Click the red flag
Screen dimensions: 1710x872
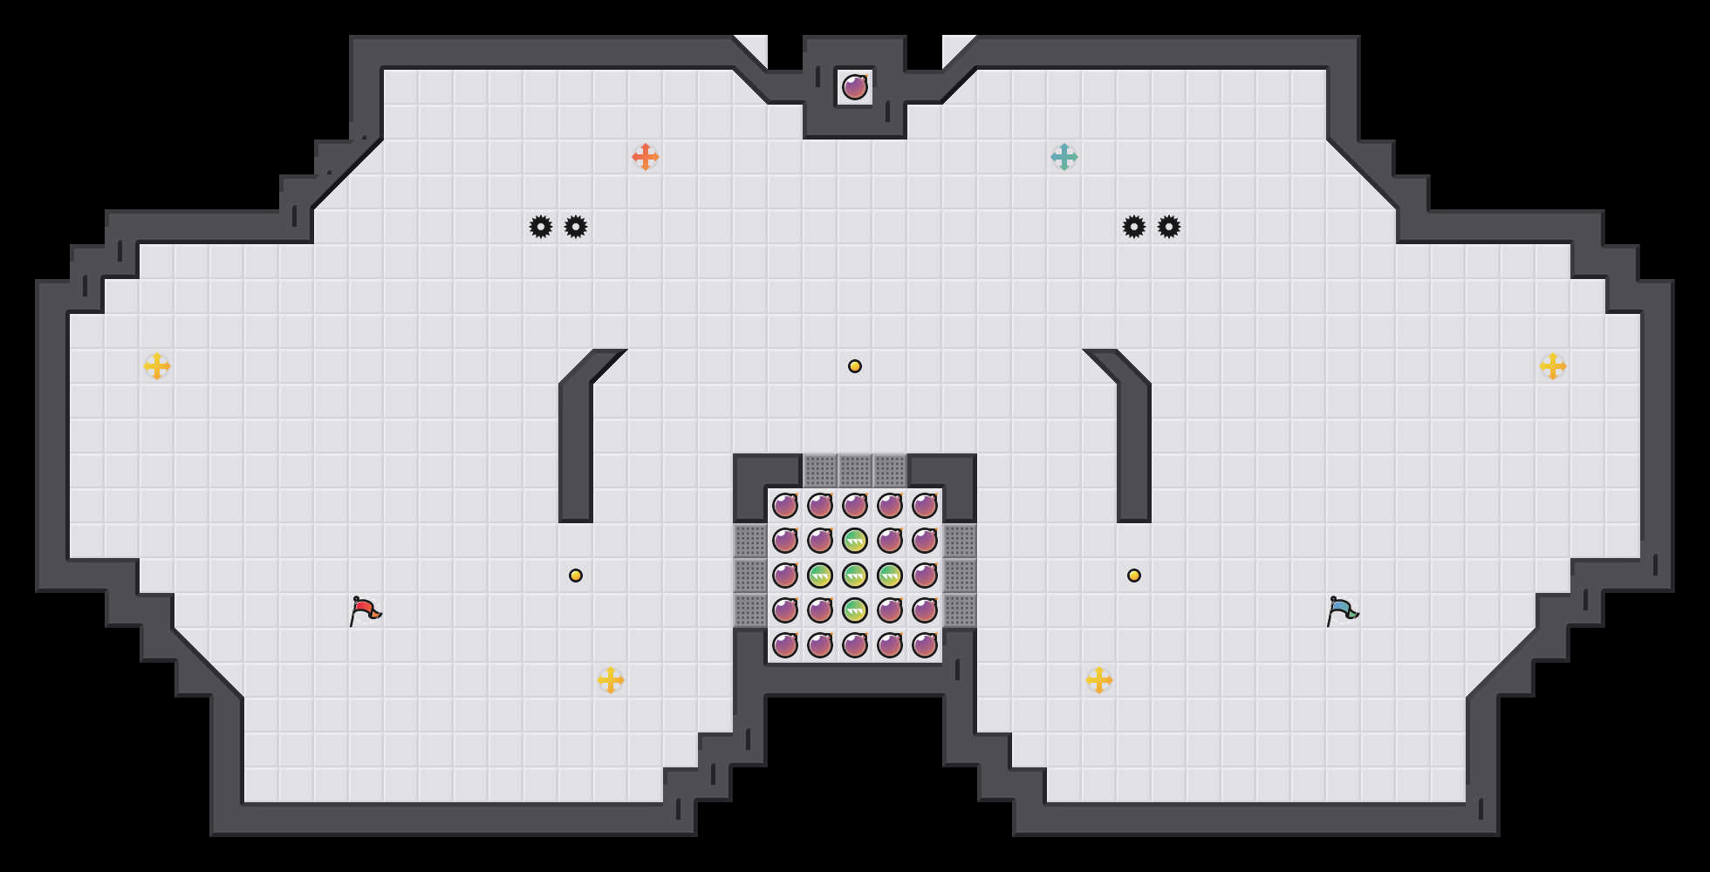pos(365,610)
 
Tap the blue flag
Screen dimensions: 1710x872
pos(1342,610)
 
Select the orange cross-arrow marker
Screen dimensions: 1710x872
pos(646,157)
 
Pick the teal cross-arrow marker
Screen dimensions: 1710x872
pos(1064,157)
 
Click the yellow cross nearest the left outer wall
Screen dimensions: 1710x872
pos(157,366)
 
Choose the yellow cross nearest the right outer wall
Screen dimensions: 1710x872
pos(1553,366)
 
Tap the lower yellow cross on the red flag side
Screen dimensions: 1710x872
pos(611,680)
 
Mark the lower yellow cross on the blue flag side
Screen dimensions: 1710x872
pos(1099,680)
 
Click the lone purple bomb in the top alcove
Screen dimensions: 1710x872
pos(855,87)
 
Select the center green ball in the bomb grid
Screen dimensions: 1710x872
pos(855,576)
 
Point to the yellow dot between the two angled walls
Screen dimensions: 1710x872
pos(855,366)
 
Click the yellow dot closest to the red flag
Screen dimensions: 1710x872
pos(576,576)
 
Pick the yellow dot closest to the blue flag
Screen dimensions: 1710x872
pos(1134,576)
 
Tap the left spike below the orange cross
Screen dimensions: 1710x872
pos(541,227)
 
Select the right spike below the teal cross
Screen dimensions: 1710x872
pos(1169,227)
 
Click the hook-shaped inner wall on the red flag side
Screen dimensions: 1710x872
pos(576,436)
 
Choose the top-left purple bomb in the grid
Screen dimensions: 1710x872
pos(785,506)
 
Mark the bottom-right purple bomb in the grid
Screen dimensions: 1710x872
pos(925,645)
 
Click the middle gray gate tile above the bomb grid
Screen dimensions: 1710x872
pos(855,471)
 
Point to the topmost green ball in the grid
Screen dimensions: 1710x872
pos(855,541)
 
